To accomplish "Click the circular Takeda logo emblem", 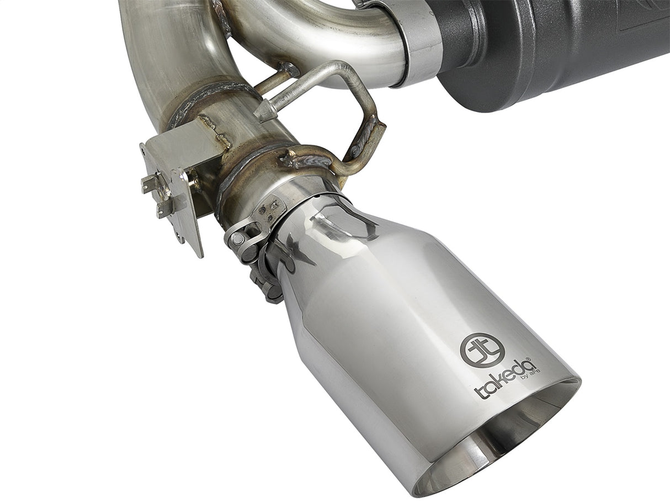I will [475, 350].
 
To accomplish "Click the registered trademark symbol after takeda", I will [528, 359].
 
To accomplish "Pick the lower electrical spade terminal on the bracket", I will [162, 210].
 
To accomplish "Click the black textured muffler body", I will [552, 50].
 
